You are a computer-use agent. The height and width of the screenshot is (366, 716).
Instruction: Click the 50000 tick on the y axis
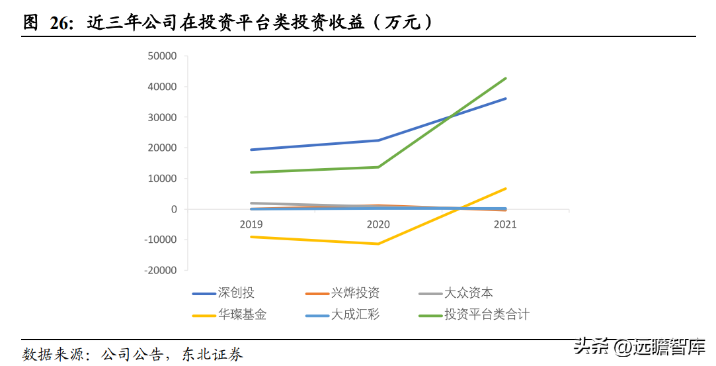(x=162, y=56)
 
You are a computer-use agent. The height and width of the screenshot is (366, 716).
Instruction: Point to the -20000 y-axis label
(x=160, y=271)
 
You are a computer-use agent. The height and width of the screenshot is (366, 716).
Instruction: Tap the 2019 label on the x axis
(x=251, y=224)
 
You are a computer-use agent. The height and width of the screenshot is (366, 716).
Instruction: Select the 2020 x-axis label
(x=378, y=224)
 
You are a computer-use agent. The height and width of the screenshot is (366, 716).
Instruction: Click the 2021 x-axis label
(x=505, y=224)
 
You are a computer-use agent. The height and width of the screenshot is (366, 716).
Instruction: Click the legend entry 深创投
(x=223, y=293)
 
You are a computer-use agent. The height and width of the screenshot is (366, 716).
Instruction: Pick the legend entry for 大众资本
(x=456, y=293)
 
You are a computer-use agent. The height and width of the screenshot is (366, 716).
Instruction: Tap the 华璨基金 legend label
(x=229, y=315)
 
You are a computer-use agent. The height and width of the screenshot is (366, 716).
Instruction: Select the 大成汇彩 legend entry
(x=342, y=315)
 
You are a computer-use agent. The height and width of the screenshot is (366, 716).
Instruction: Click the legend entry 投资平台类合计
(x=474, y=315)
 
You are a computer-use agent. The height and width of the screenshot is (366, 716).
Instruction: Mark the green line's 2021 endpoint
(x=506, y=79)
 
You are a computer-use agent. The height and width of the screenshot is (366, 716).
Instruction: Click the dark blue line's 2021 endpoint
(x=506, y=99)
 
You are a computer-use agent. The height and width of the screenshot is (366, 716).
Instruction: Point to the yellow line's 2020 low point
(x=378, y=244)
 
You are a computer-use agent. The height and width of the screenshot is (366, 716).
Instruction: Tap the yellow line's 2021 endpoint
(x=506, y=188)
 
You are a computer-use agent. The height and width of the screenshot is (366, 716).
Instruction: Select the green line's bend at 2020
(x=378, y=167)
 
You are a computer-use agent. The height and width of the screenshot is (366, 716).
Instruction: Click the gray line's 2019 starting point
(x=251, y=203)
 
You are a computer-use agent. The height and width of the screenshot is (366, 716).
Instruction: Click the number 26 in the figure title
(x=60, y=23)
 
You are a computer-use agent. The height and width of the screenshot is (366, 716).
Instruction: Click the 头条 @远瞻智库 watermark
(x=640, y=346)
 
